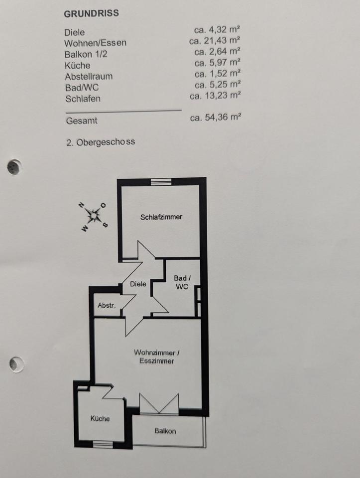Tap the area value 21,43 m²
point(215,40)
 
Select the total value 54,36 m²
point(216,118)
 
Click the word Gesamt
point(82,120)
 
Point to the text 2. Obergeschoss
point(100,142)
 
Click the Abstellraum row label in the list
point(89,77)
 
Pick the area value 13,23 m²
point(215,95)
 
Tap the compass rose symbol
point(93,216)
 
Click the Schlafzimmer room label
point(161,217)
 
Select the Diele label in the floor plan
point(138,284)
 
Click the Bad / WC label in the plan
point(182,282)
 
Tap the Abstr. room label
point(107,305)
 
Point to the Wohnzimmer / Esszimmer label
point(157,357)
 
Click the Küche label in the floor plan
point(100,418)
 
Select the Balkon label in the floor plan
point(165,431)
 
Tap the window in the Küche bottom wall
point(103,444)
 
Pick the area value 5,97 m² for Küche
point(218,63)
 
